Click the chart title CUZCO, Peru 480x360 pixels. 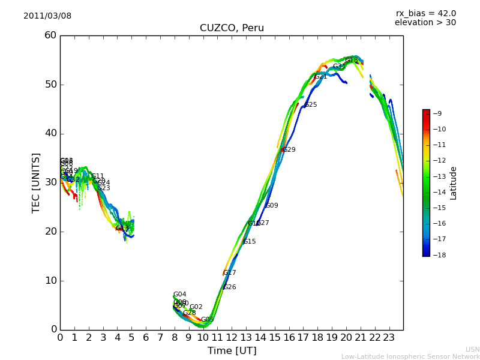point(232,28)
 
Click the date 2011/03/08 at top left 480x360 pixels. point(47,16)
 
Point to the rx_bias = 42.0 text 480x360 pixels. point(425,13)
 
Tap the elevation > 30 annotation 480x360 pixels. point(425,23)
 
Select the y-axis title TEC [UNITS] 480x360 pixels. point(37,182)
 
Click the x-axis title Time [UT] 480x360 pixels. point(232,351)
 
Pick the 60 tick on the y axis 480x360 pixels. point(50,35)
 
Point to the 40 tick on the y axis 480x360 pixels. point(50,133)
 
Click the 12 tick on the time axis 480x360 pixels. point(232,338)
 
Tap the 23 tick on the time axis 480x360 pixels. point(389,338)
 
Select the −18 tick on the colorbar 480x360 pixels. point(437,254)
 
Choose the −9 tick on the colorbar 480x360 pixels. point(437,113)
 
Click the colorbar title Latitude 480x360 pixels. point(454,182)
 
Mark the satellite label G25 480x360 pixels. point(310,105)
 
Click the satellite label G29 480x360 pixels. point(289,150)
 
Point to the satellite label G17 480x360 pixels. point(229,273)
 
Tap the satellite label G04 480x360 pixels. point(179,295)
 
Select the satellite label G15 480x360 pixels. point(249,242)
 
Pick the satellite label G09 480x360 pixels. point(271,206)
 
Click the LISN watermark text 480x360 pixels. point(472,349)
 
